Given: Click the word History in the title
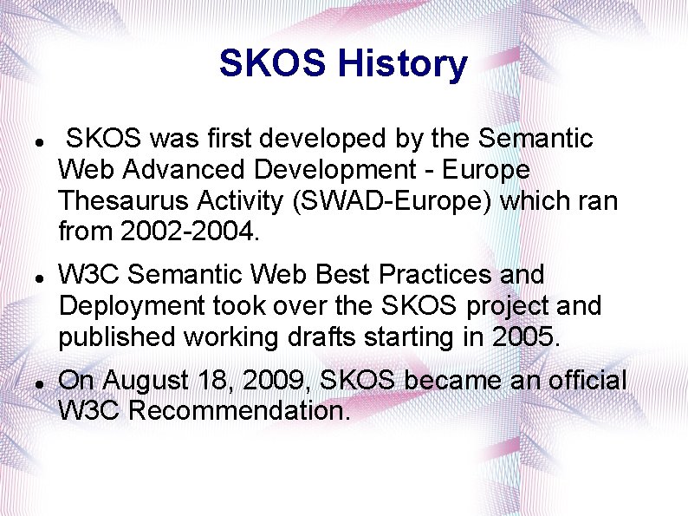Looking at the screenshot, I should [x=403, y=63].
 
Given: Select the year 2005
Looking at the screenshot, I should [x=524, y=337].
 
